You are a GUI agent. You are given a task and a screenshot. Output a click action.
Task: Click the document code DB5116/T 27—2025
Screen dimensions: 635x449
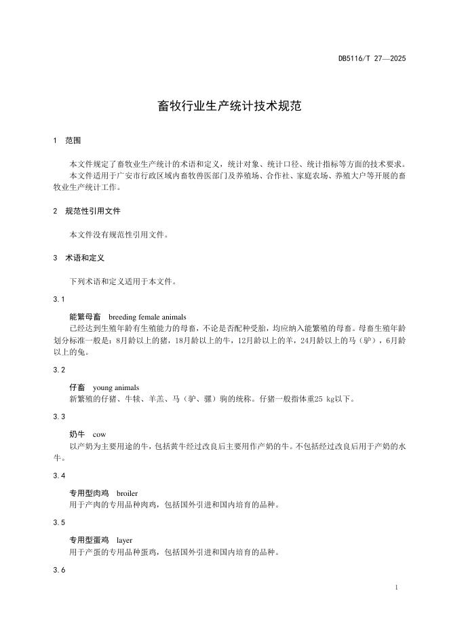(x=372, y=58)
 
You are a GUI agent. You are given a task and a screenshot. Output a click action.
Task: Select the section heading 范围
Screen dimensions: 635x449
(x=73, y=140)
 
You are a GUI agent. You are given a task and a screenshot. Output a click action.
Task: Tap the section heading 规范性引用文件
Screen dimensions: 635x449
(x=92, y=211)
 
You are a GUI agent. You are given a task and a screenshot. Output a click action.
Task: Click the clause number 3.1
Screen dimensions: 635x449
(x=59, y=299)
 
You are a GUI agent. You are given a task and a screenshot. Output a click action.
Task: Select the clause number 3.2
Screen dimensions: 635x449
(x=59, y=370)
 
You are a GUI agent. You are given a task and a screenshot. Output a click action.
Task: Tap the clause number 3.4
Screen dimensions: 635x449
(x=59, y=476)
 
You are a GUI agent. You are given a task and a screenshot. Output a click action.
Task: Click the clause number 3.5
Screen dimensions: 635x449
(x=59, y=522)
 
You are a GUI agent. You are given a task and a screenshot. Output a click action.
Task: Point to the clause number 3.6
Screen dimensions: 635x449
(x=59, y=570)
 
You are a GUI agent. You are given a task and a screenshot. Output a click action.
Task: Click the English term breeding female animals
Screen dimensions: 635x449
(x=147, y=317)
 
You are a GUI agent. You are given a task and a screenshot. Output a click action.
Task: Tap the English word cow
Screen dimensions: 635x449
(x=99, y=434)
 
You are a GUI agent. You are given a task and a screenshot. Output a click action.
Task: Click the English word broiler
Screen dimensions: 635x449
(x=128, y=493)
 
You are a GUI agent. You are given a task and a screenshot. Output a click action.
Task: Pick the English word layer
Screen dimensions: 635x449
(x=124, y=540)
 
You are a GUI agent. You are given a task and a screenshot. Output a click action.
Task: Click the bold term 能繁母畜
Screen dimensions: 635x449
(x=85, y=317)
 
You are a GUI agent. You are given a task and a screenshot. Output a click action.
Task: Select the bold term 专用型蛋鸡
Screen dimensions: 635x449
(x=89, y=540)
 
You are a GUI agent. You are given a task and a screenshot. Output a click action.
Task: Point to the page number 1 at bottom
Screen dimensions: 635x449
(x=395, y=585)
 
